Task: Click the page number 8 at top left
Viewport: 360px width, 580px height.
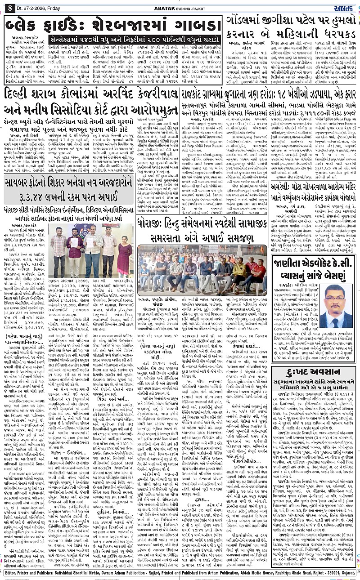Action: [9, 6]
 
